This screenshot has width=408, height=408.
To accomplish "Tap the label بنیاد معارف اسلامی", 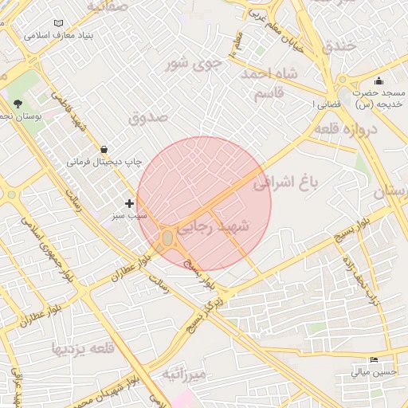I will [x=59, y=37].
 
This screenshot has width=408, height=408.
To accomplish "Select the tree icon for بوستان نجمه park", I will [x=18, y=104].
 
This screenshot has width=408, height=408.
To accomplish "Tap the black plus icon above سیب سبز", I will [x=130, y=204].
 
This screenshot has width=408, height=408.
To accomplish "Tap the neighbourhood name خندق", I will [x=339, y=45].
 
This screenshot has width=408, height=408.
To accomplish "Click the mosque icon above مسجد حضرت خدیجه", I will [x=379, y=80].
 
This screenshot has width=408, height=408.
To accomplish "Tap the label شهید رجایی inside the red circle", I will [x=212, y=227].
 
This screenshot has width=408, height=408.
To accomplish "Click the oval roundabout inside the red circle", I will [x=167, y=238].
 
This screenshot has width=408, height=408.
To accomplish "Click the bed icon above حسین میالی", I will [x=375, y=360].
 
